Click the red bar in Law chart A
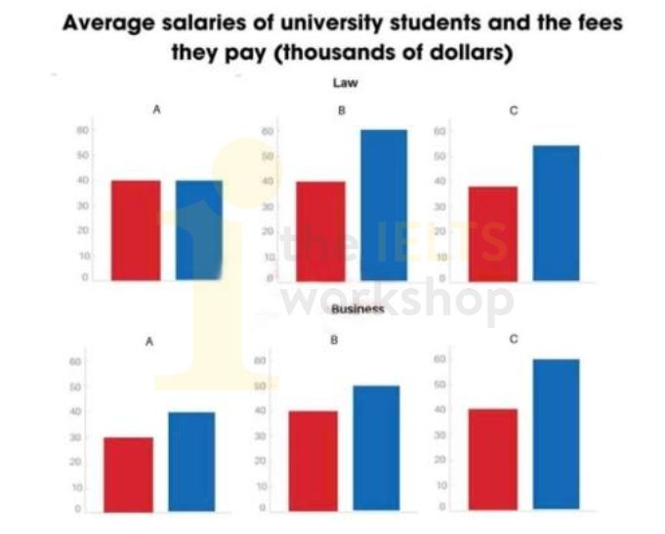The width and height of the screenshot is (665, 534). (x=136, y=231)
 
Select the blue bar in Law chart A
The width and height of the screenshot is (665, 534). (x=199, y=231)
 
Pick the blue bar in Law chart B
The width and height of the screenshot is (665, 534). (x=383, y=205)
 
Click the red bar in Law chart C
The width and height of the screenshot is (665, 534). (x=493, y=234)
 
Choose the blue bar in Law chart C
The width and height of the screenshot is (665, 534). (x=555, y=214)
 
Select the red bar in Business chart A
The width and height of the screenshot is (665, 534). (x=129, y=474)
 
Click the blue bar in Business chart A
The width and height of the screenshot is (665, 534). (x=191, y=462)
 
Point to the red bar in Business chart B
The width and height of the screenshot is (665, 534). (x=312, y=461)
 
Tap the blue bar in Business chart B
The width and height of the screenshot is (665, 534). (x=376, y=448)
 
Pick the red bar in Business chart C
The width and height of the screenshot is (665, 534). (x=493, y=460)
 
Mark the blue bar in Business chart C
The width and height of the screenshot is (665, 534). (x=556, y=434)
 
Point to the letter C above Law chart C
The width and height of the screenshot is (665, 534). (x=513, y=111)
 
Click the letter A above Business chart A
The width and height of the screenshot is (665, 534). (x=148, y=342)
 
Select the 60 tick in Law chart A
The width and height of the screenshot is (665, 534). (x=84, y=130)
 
